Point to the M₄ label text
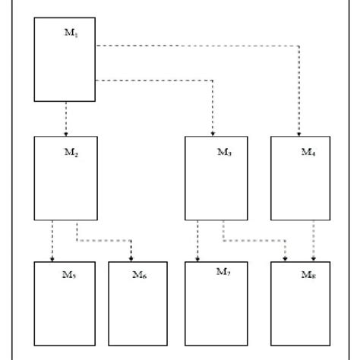coord(308,152)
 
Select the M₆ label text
coord(139,275)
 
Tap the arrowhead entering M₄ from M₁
coord(299,133)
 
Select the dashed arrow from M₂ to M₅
coord(52,241)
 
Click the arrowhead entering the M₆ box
coord(131,258)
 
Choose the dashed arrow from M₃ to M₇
coord(198,241)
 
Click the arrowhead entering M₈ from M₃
coord(285,258)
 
